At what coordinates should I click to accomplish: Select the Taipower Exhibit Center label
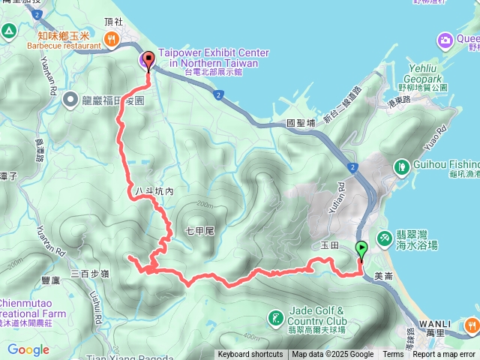(213, 58)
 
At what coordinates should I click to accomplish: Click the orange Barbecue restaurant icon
(112, 39)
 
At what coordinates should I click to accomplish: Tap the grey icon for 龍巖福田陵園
(70, 98)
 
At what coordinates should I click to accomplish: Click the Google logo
(28, 349)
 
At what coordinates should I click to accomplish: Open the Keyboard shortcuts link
(250, 355)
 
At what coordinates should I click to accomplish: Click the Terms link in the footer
(392, 355)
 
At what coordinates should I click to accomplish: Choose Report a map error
(444, 355)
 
